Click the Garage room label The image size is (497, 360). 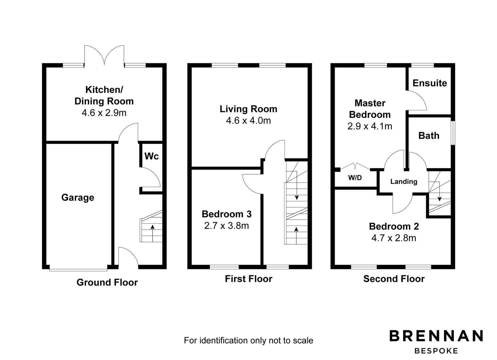pyautogui.click(x=78, y=197)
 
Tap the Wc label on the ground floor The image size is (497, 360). pyautogui.click(x=152, y=156)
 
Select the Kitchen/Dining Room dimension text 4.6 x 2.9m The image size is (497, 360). pyautogui.click(x=104, y=113)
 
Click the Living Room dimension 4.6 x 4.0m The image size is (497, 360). pyautogui.click(x=248, y=121)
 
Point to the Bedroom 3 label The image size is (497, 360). pyautogui.click(x=227, y=214)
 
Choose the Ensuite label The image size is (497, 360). pyautogui.click(x=430, y=83)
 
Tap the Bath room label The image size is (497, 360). pyautogui.click(x=429, y=136)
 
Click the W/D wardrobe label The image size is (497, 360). pyautogui.click(x=355, y=178)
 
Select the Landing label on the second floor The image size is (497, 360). pyautogui.click(x=404, y=182)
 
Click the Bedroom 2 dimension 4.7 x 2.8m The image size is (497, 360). pyautogui.click(x=394, y=238)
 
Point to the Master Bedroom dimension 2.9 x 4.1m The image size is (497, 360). pyautogui.click(x=370, y=126)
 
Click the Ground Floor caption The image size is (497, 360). pyautogui.click(x=107, y=282)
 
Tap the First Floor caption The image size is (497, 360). pyautogui.click(x=248, y=279)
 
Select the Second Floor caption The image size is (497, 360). pyautogui.click(x=394, y=279)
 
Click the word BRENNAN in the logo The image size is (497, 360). pyautogui.click(x=436, y=336)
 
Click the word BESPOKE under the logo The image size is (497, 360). pyautogui.click(x=436, y=351)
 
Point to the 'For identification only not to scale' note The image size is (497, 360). pyautogui.click(x=248, y=340)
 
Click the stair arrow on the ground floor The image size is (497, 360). pyautogui.click(x=153, y=233)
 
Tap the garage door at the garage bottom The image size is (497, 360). pyautogui.click(x=78, y=270)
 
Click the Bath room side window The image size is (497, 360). pyautogui.click(x=454, y=133)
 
